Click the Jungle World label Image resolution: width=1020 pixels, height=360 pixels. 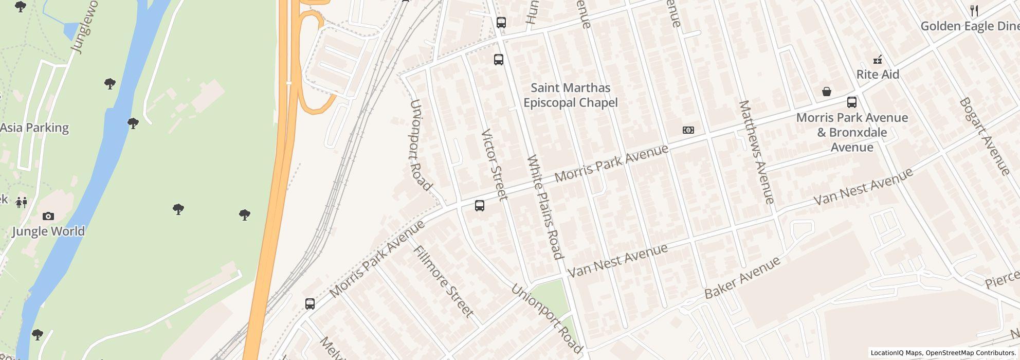tap(48, 231)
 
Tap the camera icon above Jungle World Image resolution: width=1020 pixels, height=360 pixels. tap(48, 216)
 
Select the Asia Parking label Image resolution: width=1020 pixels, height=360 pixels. tap(34, 128)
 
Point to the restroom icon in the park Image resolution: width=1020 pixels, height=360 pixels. tap(21, 202)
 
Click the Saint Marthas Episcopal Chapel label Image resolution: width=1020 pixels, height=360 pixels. tap(570, 95)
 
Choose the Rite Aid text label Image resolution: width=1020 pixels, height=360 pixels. tap(878, 75)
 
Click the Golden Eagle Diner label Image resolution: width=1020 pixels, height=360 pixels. tap(970, 26)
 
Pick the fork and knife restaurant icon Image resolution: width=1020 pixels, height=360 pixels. tap(974, 10)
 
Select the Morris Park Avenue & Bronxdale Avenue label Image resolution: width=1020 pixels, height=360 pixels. tap(852, 132)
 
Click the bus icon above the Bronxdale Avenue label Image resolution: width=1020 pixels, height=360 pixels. tap(852, 102)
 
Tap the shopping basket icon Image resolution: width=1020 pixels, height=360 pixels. tap(827, 92)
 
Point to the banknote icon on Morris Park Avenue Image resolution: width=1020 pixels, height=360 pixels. tap(688, 130)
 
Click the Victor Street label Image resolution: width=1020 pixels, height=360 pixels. tap(494, 165)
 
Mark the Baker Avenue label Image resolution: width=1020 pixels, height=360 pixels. tap(742, 278)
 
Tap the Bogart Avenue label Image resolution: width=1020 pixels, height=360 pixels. tap(984, 136)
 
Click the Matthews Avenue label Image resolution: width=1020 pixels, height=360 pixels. tap(756, 152)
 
